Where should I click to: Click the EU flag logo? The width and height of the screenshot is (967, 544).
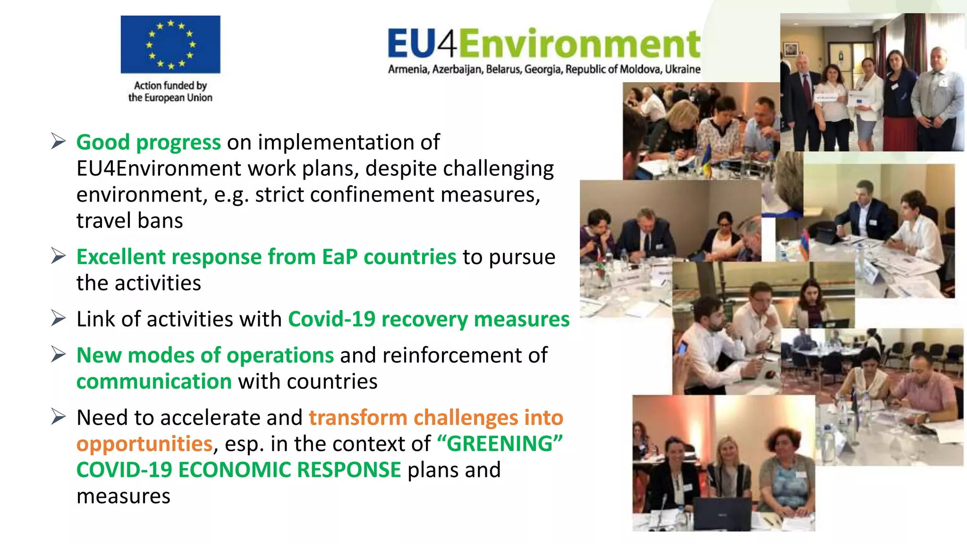click(170, 44)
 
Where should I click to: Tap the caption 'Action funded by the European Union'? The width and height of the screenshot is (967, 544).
click(170, 92)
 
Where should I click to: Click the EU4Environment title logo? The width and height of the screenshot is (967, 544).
click(544, 43)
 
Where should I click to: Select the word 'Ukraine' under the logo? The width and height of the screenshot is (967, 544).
click(683, 69)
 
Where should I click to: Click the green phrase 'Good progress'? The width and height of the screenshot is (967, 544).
click(148, 142)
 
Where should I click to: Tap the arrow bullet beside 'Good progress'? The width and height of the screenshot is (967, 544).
click(58, 141)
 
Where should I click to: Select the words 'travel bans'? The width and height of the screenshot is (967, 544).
click(129, 221)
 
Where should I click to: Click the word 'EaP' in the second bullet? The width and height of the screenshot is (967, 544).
click(339, 257)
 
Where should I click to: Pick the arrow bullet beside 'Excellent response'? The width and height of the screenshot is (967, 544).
click(58, 256)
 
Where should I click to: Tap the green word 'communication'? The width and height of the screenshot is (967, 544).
click(154, 382)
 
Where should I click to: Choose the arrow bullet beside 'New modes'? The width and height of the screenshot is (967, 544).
click(58, 354)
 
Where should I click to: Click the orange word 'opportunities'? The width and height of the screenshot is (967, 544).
click(144, 444)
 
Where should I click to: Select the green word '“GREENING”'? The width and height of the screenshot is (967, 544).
click(500, 444)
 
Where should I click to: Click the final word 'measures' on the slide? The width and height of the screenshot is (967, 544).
click(123, 496)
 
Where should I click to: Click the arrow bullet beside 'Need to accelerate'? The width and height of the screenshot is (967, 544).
click(58, 416)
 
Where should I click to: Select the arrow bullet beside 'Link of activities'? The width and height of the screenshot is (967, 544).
click(58, 318)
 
